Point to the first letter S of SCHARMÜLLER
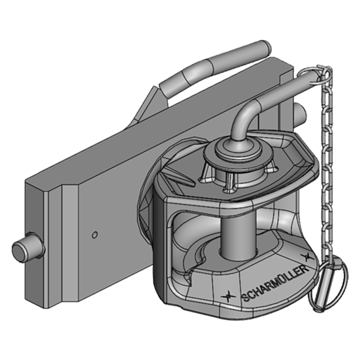tap(245, 297)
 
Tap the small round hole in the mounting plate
tap(94, 234)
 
